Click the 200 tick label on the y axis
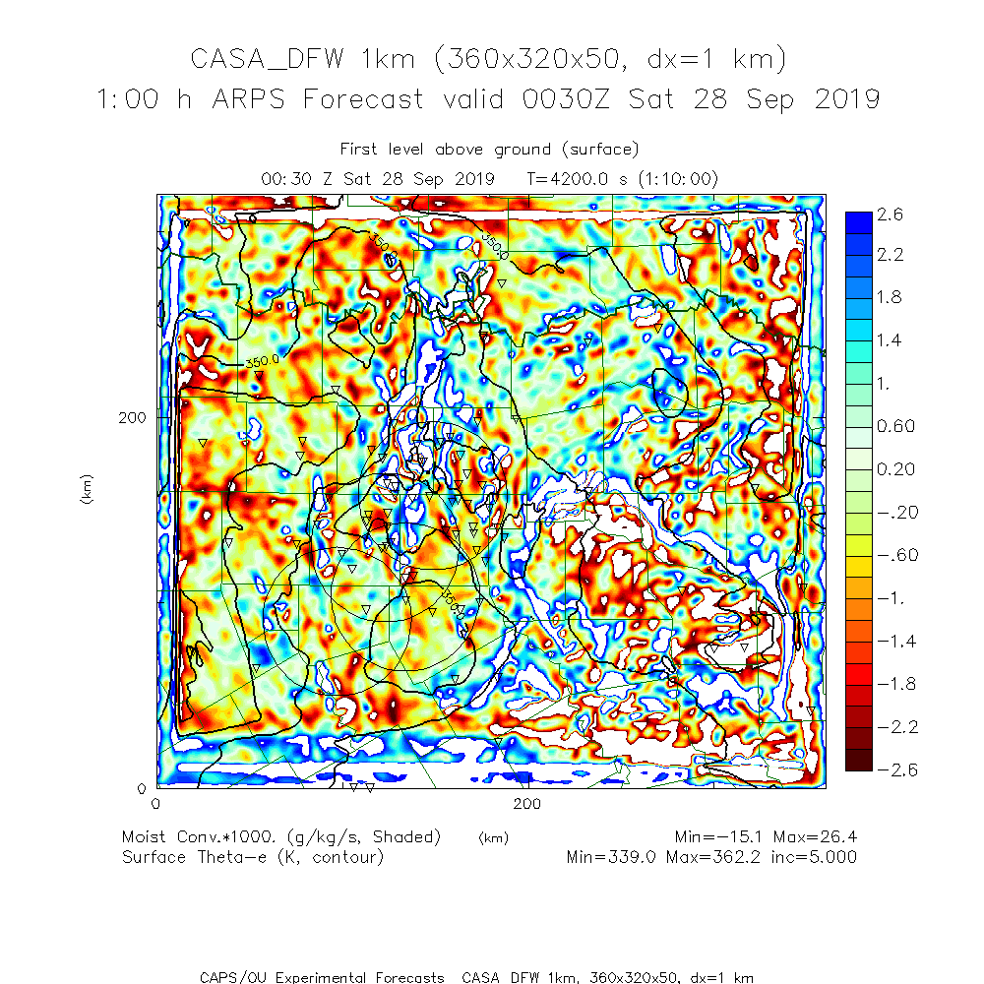(x=132, y=417)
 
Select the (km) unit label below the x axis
(x=493, y=838)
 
